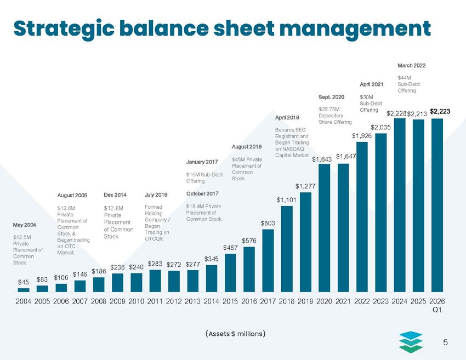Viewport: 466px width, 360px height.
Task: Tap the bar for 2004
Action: coord(23,289)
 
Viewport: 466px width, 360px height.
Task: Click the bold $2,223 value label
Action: coord(440,111)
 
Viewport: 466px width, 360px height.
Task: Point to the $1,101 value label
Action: coord(287,200)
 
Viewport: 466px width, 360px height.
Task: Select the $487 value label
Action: coord(230,248)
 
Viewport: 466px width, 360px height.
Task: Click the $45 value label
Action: coord(23,282)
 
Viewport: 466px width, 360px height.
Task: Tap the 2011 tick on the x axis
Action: coord(156,302)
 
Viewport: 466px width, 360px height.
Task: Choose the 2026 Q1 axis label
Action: coord(437,306)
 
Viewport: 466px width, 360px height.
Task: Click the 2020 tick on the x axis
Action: coord(325,302)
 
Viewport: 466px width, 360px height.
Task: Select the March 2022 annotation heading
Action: coord(411,66)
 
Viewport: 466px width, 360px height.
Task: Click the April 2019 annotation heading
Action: coord(287,118)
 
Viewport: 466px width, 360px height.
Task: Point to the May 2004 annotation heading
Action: coord(24,225)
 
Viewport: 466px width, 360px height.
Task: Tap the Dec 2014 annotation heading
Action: coord(115,195)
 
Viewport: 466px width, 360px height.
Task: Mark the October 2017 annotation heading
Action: coord(202,193)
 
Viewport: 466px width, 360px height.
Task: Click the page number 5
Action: coord(446,343)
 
